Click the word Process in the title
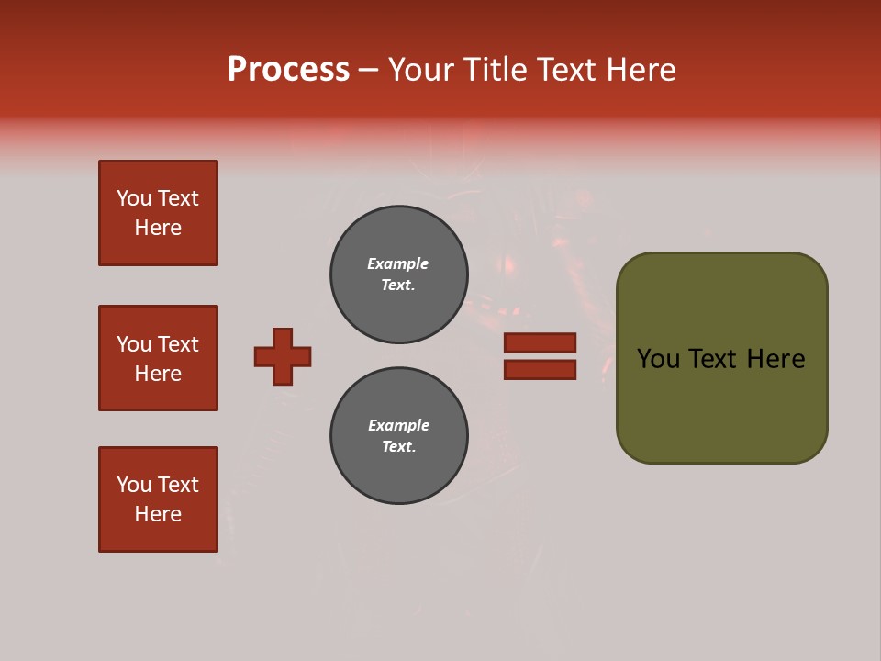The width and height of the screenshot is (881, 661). (x=288, y=70)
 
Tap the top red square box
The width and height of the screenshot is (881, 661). (x=158, y=213)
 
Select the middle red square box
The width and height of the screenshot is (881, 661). (x=158, y=358)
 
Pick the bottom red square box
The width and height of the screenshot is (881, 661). (x=158, y=499)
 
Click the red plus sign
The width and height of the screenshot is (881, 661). (x=283, y=356)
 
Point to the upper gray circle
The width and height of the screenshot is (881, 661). (x=399, y=274)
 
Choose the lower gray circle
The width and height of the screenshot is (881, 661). (x=399, y=436)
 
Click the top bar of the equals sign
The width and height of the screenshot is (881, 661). (x=540, y=342)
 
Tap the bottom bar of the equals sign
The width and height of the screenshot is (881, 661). (x=540, y=369)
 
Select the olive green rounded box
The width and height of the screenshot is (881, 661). (x=721, y=358)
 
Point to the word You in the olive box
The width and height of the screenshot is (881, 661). (x=658, y=359)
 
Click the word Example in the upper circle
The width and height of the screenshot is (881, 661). (x=398, y=263)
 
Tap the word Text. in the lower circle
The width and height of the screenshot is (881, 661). (x=398, y=447)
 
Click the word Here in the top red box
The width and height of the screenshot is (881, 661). (x=158, y=228)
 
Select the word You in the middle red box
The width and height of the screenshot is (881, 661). (x=133, y=344)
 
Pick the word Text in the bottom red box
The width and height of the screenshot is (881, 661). (x=178, y=485)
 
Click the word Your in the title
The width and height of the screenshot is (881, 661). (x=420, y=70)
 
